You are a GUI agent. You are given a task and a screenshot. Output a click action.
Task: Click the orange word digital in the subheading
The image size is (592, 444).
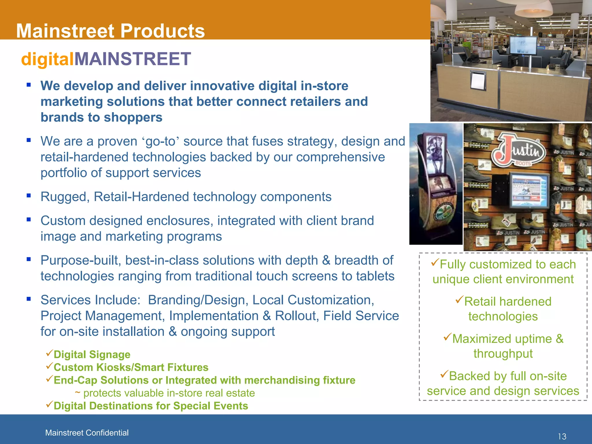(x=47, y=59)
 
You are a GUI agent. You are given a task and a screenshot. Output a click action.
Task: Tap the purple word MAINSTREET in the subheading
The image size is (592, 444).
(x=132, y=59)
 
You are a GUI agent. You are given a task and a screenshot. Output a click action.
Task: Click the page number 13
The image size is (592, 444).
(x=562, y=436)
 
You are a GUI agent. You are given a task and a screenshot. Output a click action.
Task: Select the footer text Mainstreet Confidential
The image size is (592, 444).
(x=87, y=433)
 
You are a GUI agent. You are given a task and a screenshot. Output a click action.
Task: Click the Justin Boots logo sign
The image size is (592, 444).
(x=519, y=150)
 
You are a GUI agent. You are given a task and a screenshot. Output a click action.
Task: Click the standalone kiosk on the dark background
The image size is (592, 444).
(x=435, y=185)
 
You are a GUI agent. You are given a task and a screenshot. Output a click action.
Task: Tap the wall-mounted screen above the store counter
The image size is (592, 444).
(x=523, y=45)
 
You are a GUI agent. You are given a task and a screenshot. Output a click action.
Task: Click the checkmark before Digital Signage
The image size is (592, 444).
(x=49, y=353)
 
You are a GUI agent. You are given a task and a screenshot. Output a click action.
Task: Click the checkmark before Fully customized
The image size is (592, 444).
(x=435, y=262)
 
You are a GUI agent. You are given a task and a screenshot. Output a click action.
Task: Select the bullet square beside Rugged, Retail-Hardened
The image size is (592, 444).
(x=29, y=196)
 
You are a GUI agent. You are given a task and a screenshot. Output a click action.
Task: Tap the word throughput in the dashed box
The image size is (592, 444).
(x=503, y=354)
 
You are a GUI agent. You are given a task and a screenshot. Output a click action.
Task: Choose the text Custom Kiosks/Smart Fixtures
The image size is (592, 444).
(x=131, y=367)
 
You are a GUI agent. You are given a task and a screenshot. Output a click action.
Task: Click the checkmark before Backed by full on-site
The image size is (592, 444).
(x=444, y=374)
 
